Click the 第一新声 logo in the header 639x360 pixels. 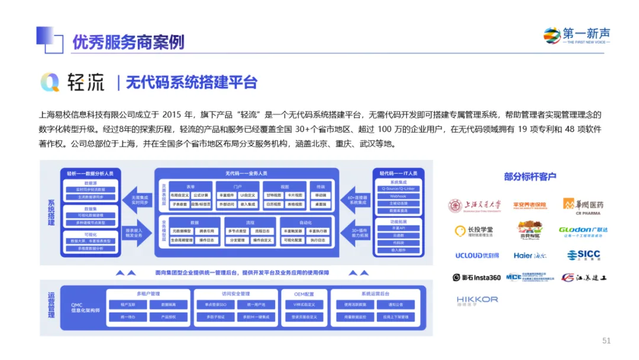tap(576, 36)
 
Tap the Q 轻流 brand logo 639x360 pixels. tap(72, 83)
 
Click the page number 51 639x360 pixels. tap(606, 340)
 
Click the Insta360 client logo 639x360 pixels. tap(476, 277)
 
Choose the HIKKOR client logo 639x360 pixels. tap(477, 300)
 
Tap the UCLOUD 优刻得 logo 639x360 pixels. tap(477, 256)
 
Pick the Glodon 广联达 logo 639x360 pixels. tap(583, 230)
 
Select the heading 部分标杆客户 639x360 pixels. tap(530, 176)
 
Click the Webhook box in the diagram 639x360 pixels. tap(398, 195)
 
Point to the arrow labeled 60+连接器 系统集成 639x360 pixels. tap(359, 199)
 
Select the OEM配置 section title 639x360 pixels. tap(304, 294)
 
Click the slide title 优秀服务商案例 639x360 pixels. tap(128, 42)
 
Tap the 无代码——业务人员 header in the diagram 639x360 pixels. tap(246, 173)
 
